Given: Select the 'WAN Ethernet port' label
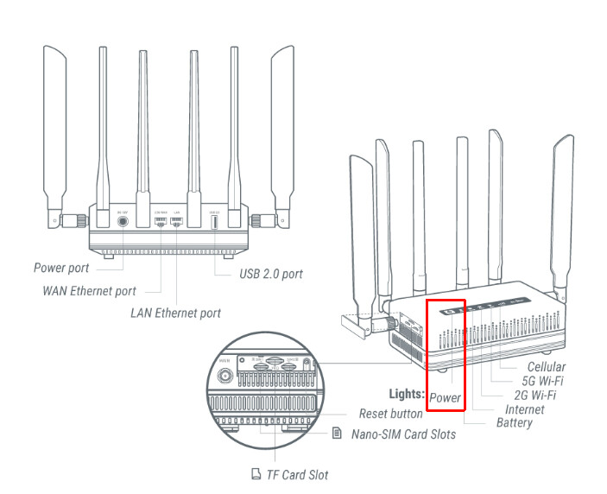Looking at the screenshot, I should (89, 290).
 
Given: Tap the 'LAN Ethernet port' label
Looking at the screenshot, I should (175, 313).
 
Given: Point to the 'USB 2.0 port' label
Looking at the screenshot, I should (270, 275).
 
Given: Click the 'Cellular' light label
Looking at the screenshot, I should (546, 367).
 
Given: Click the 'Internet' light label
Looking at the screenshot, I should (525, 408).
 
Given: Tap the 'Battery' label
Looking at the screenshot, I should (514, 422).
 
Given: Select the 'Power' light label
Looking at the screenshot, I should (446, 398).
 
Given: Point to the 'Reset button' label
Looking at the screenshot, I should (391, 415).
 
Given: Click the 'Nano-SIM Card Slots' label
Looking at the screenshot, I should (402, 434).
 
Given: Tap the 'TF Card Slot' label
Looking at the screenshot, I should (297, 474).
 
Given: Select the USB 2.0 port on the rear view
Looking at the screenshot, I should (213, 221).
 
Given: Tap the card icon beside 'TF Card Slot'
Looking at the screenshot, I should (255, 474).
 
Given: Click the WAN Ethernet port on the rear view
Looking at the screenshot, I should (160, 221).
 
